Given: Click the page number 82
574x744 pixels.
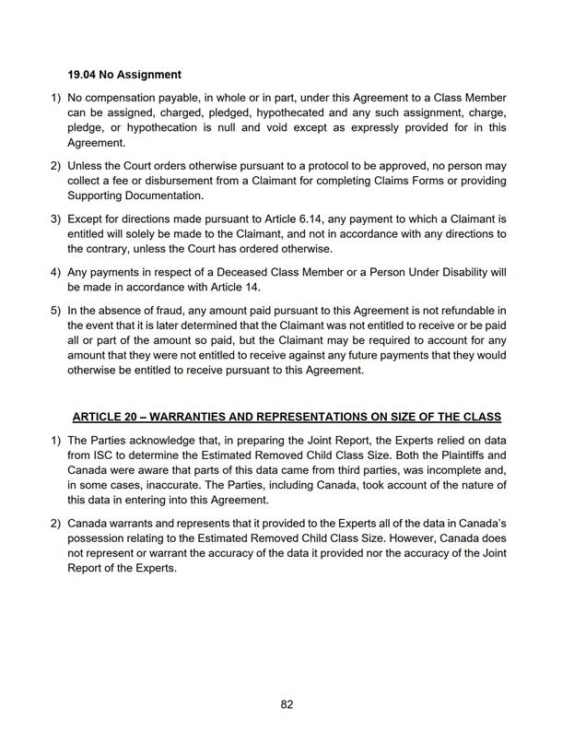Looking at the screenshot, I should click(287, 704).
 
